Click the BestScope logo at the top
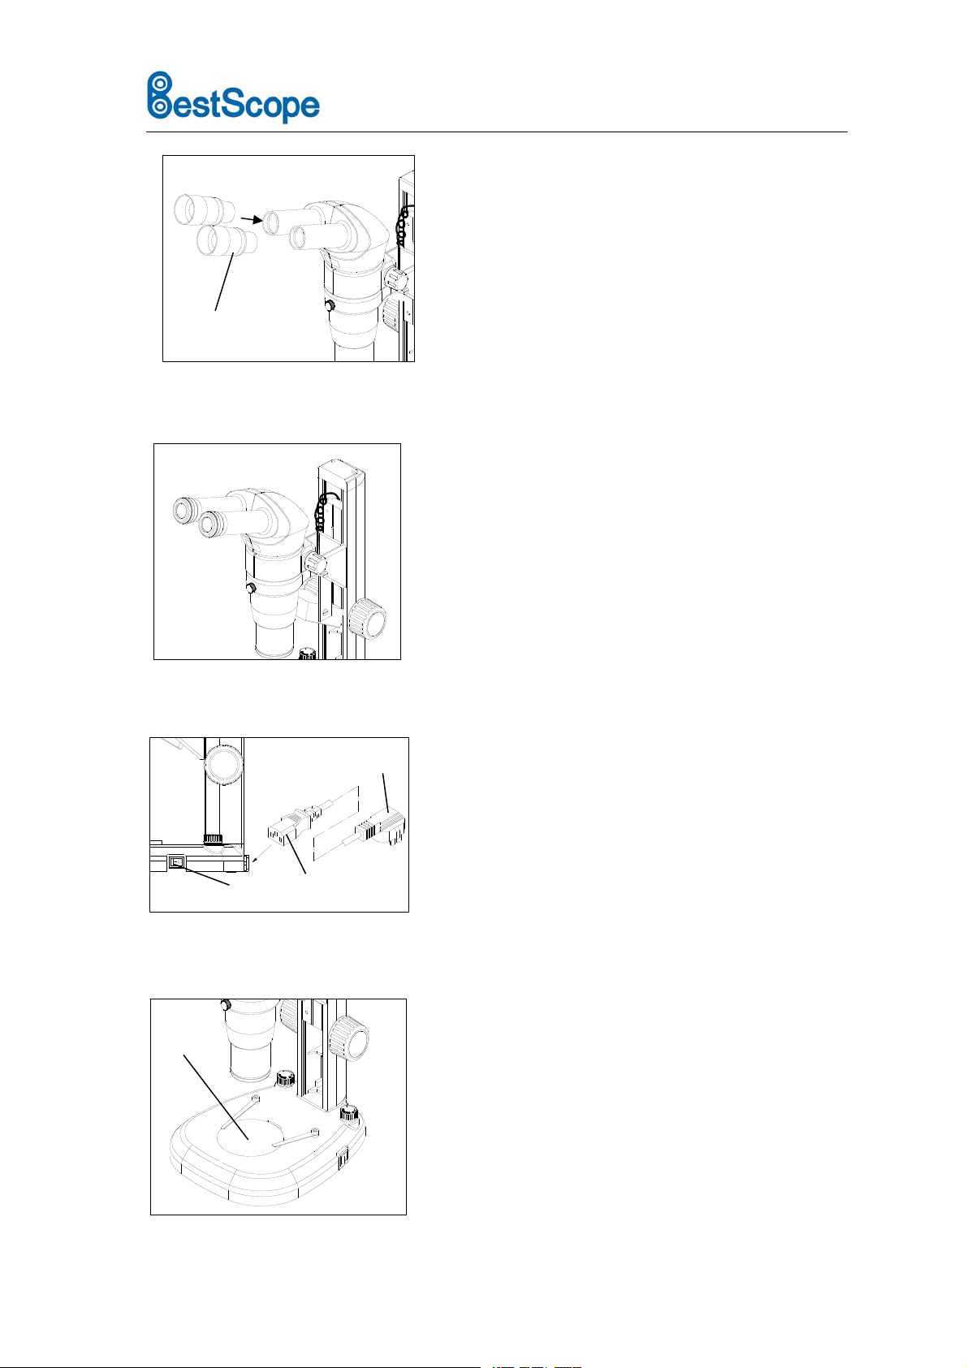pos(233,97)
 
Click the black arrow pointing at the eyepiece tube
pos(251,219)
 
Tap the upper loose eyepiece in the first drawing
pos(204,210)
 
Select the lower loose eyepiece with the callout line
pos(227,241)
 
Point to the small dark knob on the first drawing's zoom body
pos(330,305)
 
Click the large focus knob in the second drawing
pos(367,619)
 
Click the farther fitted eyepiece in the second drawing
pos(185,510)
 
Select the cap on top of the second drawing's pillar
pos(337,469)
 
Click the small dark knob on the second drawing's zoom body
pos(250,589)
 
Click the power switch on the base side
pos(177,862)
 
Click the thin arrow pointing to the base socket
pos(263,853)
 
